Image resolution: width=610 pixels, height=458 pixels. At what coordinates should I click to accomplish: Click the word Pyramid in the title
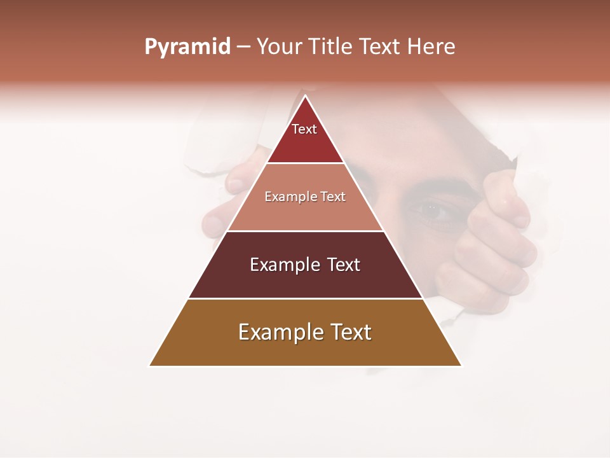[187, 47]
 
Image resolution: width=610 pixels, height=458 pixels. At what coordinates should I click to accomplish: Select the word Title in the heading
[331, 47]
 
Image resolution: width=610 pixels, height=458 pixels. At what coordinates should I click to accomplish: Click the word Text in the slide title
[380, 47]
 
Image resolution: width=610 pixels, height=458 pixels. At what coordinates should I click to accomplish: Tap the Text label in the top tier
[304, 129]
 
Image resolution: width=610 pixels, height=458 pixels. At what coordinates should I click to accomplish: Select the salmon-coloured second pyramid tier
[305, 213]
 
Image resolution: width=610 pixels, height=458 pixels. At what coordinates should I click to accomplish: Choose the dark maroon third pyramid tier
[305, 280]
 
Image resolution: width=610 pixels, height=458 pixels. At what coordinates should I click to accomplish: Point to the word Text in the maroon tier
[342, 265]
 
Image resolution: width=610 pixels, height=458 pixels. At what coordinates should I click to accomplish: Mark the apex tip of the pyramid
[306, 97]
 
